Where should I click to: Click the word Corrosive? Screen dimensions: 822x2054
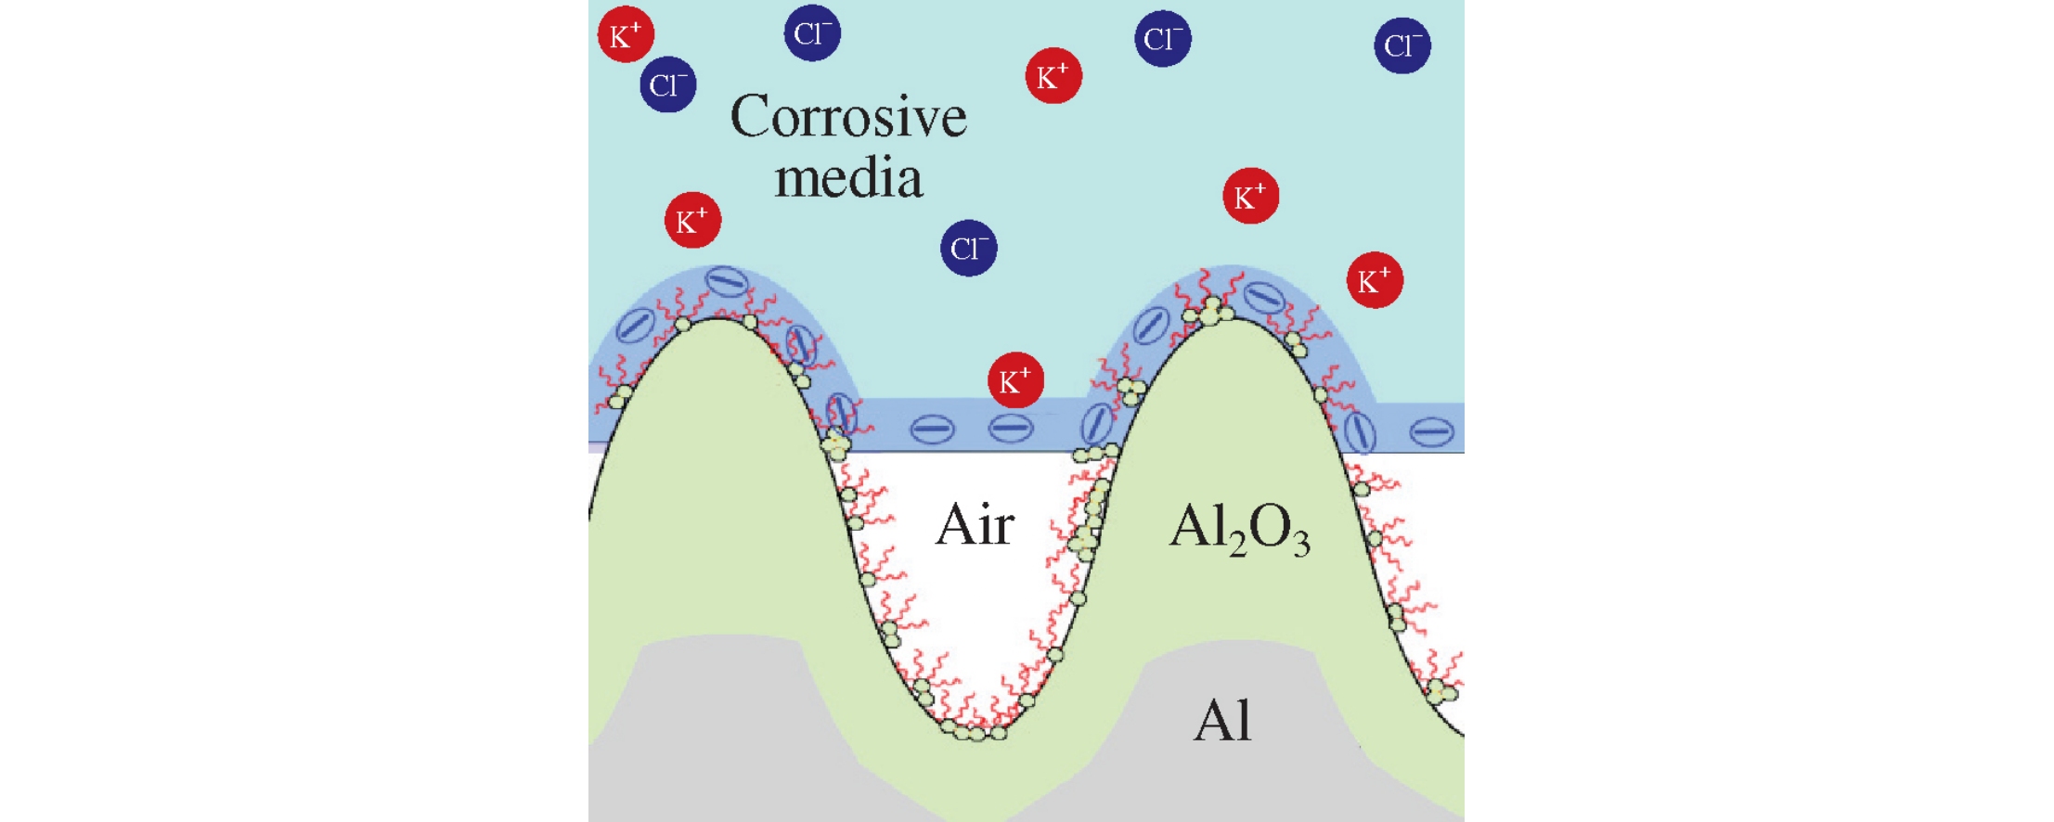(848, 118)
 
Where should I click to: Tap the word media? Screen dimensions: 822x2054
(848, 178)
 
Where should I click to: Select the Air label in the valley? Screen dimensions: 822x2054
(975, 525)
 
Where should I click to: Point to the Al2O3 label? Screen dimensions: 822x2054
(1239, 529)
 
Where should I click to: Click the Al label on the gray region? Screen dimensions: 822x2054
(1221, 721)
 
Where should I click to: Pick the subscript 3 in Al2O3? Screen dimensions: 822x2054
(1301, 543)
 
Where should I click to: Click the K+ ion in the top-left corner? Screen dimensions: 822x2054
(626, 35)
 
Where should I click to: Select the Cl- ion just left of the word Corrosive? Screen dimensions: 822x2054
(668, 84)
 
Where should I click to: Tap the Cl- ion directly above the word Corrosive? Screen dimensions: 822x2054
(812, 33)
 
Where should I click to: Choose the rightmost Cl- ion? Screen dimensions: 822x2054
(1402, 45)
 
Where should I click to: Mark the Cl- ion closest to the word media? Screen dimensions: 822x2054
(969, 248)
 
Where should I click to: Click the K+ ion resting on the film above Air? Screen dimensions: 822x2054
(1015, 379)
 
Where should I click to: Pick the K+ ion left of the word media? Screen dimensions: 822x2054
(692, 221)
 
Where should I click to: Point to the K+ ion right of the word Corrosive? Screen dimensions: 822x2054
(1053, 76)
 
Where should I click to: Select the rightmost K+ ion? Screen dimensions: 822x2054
(1375, 280)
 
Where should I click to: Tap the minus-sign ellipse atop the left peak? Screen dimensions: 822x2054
(726, 281)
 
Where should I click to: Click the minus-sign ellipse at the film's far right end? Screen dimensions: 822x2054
(1431, 431)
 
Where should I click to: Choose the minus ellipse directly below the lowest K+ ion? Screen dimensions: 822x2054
(1011, 429)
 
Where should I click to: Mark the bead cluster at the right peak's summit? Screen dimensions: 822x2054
(1211, 312)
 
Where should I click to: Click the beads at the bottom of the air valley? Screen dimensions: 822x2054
(973, 732)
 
